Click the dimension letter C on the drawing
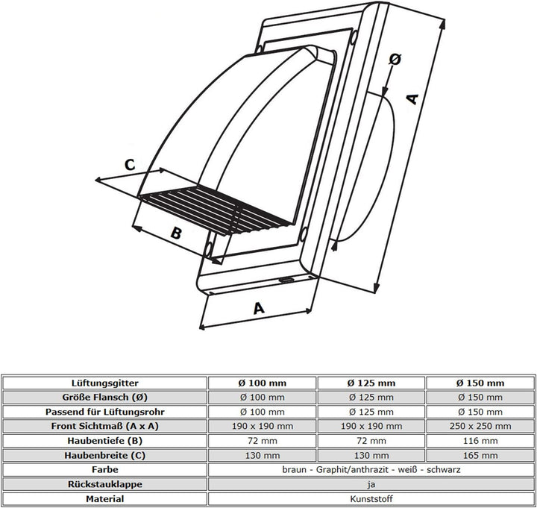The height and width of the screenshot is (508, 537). click(x=130, y=165)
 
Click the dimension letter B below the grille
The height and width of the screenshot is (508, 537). click(x=176, y=233)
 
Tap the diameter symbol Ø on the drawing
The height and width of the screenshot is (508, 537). click(x=395, y=59)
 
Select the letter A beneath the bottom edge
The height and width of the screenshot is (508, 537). click(x=259, y=308)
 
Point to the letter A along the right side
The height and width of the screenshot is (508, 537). click(x=412, y=99)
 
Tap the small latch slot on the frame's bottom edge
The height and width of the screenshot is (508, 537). click(x=286, y=280)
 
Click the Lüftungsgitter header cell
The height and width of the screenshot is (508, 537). click(x=105, y=383)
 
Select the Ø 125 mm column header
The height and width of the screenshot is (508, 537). click(x=371, y=383)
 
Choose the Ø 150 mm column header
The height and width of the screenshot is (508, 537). click(x=480, y=383)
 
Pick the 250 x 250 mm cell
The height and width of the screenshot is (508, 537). click(x=480, y=426)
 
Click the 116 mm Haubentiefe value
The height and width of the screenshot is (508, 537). click(x=480, y=441)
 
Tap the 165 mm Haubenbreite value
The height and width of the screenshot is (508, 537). click(x=480, y=456)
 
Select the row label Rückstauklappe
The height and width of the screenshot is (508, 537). click(x=105, y=484)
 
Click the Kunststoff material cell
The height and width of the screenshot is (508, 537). click(x=371, y=499)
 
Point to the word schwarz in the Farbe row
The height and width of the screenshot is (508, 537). click(x=443, y=470)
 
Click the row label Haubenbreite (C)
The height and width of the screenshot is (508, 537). click(x=105, y=456)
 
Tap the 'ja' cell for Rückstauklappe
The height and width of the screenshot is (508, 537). click(x=371, y=484)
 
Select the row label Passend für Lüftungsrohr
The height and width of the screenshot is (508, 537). click(x=105, y=412)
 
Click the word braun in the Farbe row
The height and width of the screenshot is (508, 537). click(x=294, y=470)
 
